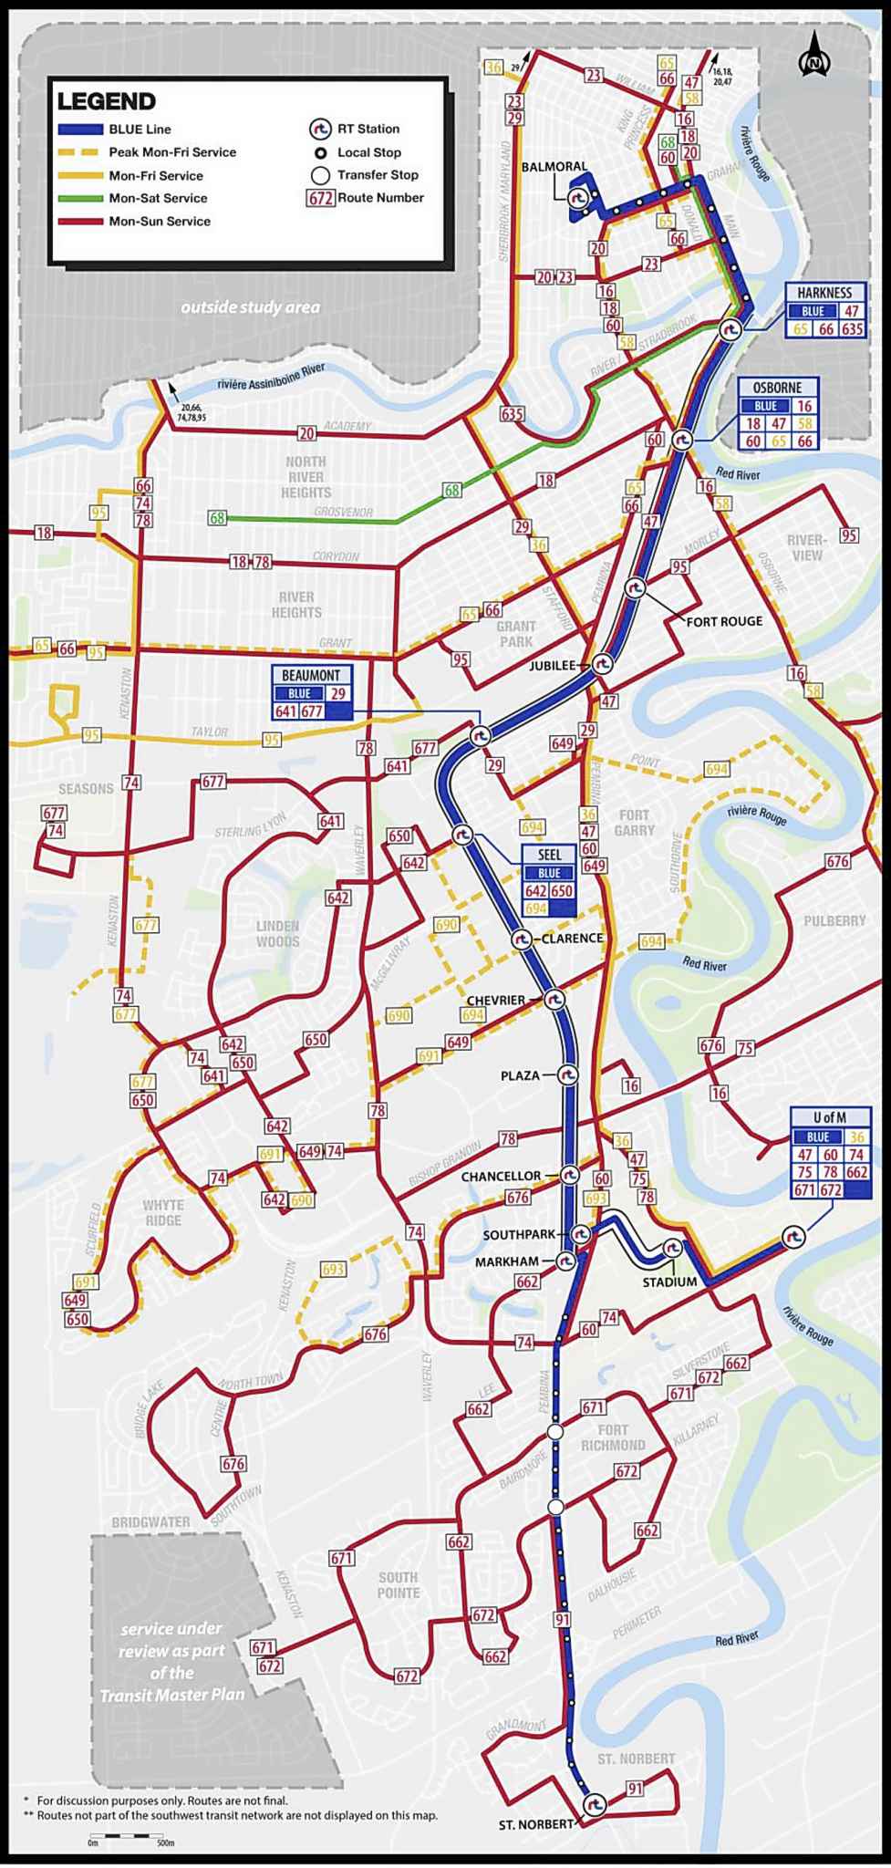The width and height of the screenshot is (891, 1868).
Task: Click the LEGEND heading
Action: click(x=107, y=101)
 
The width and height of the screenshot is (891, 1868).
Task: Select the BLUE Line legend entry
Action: click(x=139, y=130)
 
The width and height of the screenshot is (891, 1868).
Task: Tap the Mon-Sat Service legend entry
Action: click(x=158, y=198)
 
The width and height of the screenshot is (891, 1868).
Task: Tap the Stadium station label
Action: click(x=669, y=1282)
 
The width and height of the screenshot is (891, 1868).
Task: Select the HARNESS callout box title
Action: click(x=824, y=293)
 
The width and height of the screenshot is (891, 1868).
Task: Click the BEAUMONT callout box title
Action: click(x=311, y=676)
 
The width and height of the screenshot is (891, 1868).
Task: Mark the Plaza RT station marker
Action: click(x=567, y=1075)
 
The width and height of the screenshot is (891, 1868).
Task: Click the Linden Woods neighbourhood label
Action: click(x=277, y=933)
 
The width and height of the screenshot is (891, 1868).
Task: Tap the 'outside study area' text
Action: click(x=250, y=306)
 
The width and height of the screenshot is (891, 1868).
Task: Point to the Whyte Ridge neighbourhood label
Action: click(x=162, y=1212)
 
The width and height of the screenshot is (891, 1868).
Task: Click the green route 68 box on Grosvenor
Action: click(x=217, y=518)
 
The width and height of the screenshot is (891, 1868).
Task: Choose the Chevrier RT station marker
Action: click(x=554, y=1000)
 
